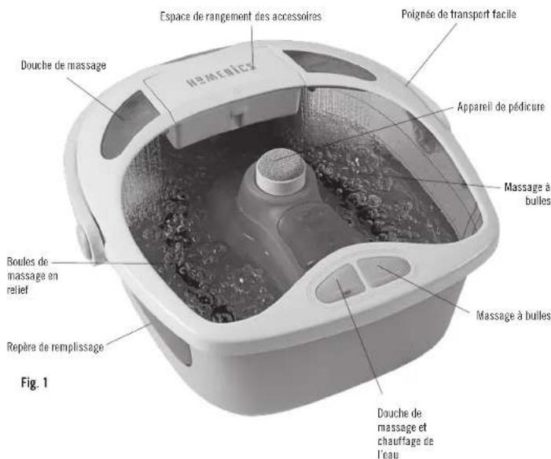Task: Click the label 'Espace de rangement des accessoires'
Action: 241,17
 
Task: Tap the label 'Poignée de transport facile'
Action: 459,14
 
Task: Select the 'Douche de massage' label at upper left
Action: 64,65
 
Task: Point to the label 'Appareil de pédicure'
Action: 501,106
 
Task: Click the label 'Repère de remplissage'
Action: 56,347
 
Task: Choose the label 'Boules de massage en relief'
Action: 32,276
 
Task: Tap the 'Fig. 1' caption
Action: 34,383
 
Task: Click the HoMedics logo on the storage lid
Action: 221,75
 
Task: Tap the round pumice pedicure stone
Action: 281,171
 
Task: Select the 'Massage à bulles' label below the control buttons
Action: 513,315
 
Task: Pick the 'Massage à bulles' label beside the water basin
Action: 527,193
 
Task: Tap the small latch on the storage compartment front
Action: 238,118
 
